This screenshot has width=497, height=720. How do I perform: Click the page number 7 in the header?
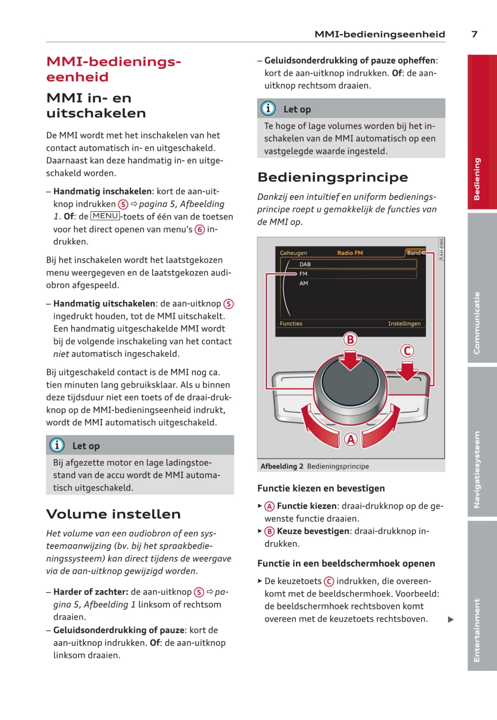click(x=474, y=34)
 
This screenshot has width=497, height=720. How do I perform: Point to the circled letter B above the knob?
click(x=350, y=339)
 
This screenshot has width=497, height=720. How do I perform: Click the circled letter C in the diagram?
click(x=407, y=351)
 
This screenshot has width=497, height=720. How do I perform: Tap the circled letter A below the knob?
click(x=351, y=439)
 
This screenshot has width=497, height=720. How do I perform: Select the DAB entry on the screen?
click(x=305, y=264)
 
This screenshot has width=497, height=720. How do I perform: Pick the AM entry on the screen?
click(x=304, y=283)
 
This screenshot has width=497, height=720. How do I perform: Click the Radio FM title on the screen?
click(x=350, y=253)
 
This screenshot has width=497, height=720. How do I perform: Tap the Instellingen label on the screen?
click(x=404, y=323)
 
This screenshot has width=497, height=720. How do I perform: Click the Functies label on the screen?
click(x=291, y=323)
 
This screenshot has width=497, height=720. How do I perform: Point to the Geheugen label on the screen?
click(x=293, y=253)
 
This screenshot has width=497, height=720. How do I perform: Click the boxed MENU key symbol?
click(x=105, y=216)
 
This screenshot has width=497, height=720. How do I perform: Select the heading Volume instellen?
click(x=113, y=514)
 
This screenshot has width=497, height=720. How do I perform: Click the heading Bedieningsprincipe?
click(x=333, y=177)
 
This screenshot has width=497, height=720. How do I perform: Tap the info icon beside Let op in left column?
click(x=57, y=445)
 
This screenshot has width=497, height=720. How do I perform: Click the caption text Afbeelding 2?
click(x=282, y=466)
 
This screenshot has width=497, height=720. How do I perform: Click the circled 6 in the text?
click(x=200, y=229)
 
